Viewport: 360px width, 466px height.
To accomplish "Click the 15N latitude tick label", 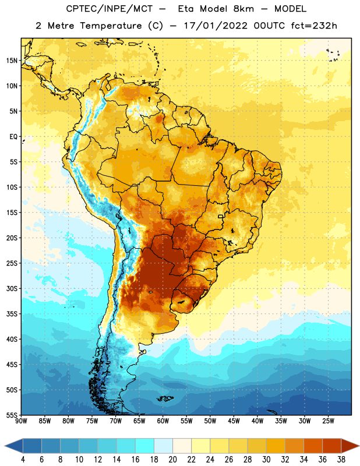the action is (x=12, y=61).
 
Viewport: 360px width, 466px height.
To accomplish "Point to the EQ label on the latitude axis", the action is (x=13, y=137).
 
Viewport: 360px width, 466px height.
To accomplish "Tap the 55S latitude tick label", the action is (x=12, y=415).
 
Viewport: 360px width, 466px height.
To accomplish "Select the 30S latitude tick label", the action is (x=12, y=288).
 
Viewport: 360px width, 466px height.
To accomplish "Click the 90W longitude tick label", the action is (x=22, y=421).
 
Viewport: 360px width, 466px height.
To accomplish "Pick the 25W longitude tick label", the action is (x=328, y=421).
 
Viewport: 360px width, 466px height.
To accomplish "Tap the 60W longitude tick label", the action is (x=163, y=421).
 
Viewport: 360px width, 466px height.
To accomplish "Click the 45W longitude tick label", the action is (x=234, y=421).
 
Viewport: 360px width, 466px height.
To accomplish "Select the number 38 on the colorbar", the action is (x=341, y=460).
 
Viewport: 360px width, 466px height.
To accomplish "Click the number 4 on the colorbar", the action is (x=23, y=460).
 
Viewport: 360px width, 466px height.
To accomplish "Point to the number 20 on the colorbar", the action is (x=172, y=460).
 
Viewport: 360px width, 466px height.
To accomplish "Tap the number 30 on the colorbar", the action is (x=266, y=460).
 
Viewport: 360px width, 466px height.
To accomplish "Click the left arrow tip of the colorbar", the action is (x=5, y=446).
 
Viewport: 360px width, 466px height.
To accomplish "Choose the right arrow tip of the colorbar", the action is (x=359, y=446).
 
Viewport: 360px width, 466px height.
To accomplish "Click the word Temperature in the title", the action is (x=111, y=26).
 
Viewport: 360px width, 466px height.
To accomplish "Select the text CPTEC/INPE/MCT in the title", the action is (x=109, y=9).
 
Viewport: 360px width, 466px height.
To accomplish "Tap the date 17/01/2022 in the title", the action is (x=216, y=26).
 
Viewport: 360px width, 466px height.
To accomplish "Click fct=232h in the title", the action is (x=314, y=26).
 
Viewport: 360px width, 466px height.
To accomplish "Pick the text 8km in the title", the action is (x=243, y=9).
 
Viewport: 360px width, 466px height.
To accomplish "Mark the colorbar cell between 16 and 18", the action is (x=145, y=446).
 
